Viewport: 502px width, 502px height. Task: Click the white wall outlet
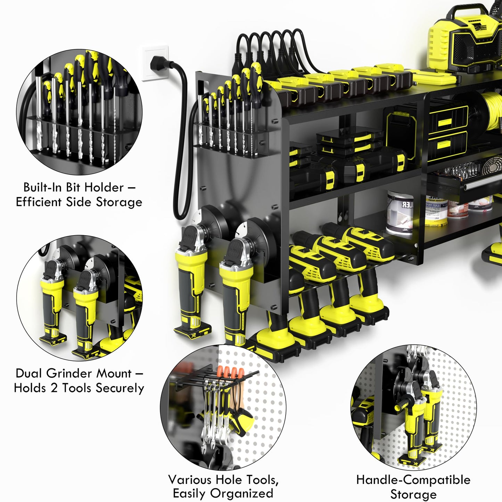[x=155, y=63]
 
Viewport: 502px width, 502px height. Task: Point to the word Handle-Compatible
[x=413, y=480]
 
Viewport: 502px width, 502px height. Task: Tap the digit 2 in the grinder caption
[x=54, y=388]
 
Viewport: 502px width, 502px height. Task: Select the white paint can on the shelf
[x=400, y=212]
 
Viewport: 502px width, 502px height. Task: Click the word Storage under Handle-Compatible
[x=413, y=494]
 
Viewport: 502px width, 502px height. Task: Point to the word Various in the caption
[x=190, y=480]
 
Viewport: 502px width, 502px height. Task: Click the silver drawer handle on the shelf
[x=483, y=186]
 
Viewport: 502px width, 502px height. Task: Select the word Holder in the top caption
[x=104, y=188]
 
